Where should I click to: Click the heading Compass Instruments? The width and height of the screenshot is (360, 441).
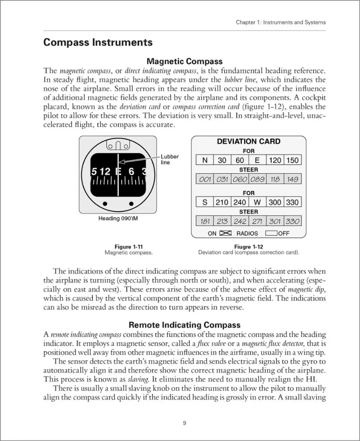pyautogui.click(x=98, y=43)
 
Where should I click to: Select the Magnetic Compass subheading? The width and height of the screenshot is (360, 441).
pyautogui.click(x=185, y=62)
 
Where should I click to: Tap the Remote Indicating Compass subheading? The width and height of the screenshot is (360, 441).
pyautogui.click(x=185, y=325)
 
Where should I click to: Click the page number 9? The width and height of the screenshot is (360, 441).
pyautogui.click(x=185, y=423)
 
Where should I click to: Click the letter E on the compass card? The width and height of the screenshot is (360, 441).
pyautogui.click(x=118, y=171)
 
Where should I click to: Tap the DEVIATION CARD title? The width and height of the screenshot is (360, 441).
pyautogui.click(x=248, y=142)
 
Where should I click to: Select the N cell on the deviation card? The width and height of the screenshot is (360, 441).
pyautogui.click(x=205, y=160)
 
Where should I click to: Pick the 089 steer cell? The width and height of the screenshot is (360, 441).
pyautogui.click(x=257, y=179)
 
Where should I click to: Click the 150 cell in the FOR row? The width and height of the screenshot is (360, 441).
pyautogui.click(x=292, y=160)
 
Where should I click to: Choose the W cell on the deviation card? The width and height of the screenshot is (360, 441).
pyautogui.click(x=257, y=202)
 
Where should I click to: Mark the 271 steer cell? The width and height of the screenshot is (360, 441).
pyautogui.click(x=257, y=221)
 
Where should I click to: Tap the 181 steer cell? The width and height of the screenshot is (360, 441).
pyautogui.click(x=205, y=221)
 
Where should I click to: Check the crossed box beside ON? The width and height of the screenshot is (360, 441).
pyautogui.click(x=225, y=233)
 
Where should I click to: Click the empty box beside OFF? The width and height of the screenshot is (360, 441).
pyautogui.click(x=271, y=233)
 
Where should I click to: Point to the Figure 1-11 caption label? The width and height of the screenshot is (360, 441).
pyautogui.click(x=129, y=247)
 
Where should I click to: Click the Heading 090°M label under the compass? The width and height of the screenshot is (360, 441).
pyautogui.click(x=121, y=218)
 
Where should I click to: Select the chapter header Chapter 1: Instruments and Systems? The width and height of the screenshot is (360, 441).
pyautogui.click(x=281, y=22)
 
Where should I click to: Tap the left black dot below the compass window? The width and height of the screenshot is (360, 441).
pyautogui.click(x=105, y=203)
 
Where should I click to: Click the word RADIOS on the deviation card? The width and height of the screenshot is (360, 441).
pyautogui.click(x=247, y=233)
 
